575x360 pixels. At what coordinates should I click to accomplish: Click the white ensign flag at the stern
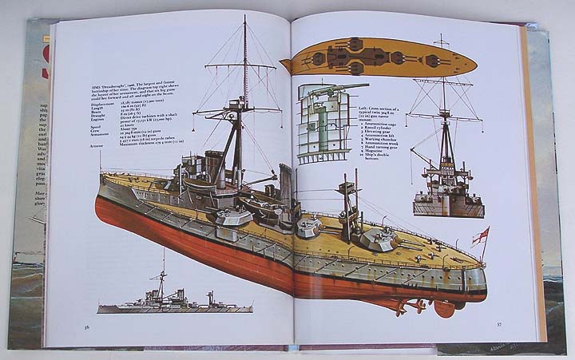482,236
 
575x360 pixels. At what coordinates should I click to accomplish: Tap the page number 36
86,326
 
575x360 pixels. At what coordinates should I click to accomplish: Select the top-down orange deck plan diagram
379,57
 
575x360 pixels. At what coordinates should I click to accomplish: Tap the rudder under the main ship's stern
444,307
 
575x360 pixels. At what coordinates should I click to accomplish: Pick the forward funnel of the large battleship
214,164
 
